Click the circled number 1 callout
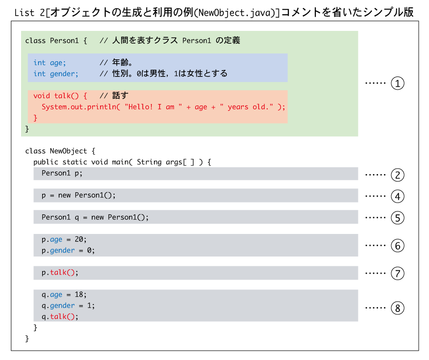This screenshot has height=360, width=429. pos(397,83)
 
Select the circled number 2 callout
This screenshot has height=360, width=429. pos(397,175)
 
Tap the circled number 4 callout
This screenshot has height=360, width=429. pos(397,196)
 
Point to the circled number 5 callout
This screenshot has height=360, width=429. pos(397,218)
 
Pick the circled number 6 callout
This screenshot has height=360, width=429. pos(397,246)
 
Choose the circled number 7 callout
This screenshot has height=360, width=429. pos(397,273)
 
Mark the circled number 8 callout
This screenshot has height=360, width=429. pos(397,308)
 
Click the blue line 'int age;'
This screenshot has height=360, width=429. pos(50,63)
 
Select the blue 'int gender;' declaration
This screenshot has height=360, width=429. pos(56,74)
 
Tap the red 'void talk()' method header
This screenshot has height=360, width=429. pos(60,96)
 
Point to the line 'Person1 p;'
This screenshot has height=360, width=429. pos(62,173)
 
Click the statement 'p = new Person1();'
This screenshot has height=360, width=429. pos(78,196)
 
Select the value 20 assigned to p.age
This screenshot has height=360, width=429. pos(79,239)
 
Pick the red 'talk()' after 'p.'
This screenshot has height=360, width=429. pos(62,272)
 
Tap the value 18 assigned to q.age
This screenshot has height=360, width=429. pos(79,295)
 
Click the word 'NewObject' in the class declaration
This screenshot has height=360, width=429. pos(69,151)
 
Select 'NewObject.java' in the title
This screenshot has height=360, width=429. pos(234,13)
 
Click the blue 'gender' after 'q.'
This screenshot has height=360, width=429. pos(62,306)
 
